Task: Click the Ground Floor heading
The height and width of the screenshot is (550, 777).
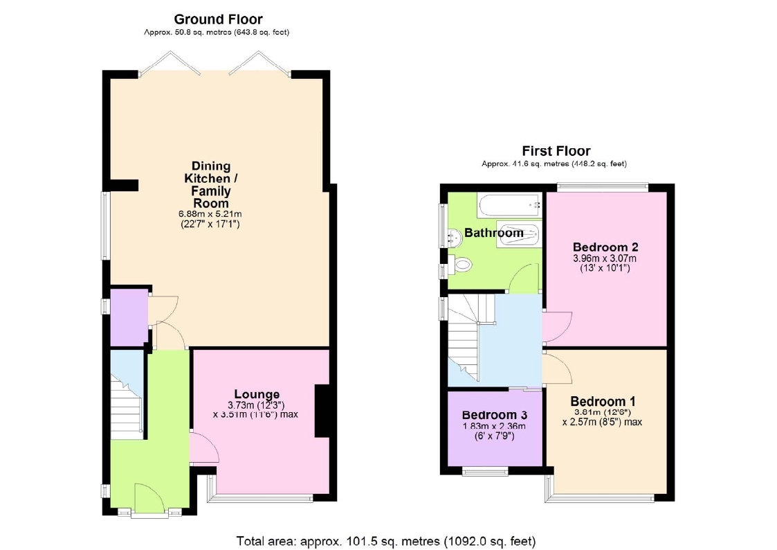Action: click(218, 19)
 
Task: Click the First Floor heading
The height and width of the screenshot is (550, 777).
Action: click(556, 151)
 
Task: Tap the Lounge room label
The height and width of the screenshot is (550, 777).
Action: click(257, 393)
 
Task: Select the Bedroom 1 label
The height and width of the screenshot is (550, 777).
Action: click(603, 401)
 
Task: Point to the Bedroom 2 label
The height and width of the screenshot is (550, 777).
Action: click(605, 247)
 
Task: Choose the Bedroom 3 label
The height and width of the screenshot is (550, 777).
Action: click(494, 415)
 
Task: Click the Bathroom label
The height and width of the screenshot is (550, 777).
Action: click(493, 233)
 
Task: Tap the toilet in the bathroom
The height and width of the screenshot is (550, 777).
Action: click(459, 264)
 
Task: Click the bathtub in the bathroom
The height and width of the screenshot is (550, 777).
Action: click(509, 205)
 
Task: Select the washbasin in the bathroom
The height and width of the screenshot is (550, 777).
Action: click(455, 237)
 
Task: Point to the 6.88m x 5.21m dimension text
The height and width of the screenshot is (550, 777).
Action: click(210, 214)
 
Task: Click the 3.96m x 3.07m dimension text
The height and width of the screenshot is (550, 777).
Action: click(605, 258)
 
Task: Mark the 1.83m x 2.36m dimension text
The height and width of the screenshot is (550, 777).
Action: click(494, 426)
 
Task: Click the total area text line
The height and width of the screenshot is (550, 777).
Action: click(386, 541)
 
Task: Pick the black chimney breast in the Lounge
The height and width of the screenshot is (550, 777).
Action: click(322, 411)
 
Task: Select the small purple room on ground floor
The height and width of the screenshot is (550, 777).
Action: click(129, 317)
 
